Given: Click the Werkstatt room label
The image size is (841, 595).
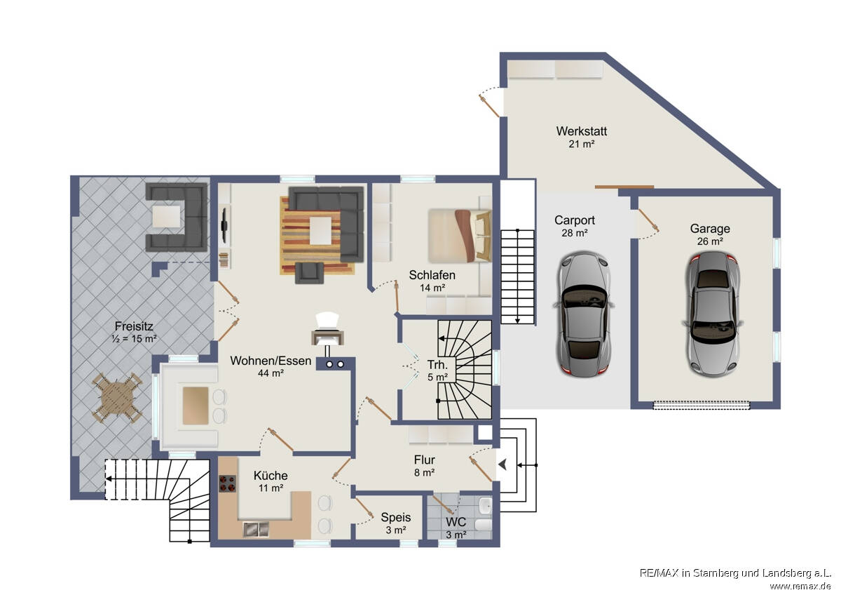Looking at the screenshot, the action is point(581,131).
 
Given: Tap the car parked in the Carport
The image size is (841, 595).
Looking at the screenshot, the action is point(583,314).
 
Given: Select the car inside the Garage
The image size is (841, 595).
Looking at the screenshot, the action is point(712,314).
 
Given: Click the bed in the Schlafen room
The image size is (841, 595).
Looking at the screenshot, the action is point(460,236).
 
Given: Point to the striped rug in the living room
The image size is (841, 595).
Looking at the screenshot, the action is point(317,236).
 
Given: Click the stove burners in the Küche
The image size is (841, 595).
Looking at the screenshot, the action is point(228,483).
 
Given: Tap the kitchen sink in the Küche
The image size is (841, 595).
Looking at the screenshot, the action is point(256,529).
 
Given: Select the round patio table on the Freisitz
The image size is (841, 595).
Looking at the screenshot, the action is point(117,398).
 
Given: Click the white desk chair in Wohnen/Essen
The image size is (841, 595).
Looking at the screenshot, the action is point(327,321).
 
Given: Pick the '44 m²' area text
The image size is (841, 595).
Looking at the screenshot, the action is point(271,373).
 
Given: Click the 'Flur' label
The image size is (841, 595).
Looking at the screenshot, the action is point(424,460).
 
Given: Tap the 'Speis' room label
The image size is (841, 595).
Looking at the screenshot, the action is point(396,517).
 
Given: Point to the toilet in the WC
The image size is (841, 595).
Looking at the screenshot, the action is point(484,524).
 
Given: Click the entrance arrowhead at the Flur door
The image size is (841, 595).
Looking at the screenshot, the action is point(502,465).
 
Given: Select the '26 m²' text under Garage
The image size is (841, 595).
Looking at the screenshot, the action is point(710,241).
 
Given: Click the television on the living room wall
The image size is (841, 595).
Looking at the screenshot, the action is point(224,225).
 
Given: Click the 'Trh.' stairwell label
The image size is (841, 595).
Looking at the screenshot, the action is point(437,364).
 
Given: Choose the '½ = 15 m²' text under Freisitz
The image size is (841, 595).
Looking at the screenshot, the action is point(134,339).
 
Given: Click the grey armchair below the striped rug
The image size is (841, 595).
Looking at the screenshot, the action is point(309,272).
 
